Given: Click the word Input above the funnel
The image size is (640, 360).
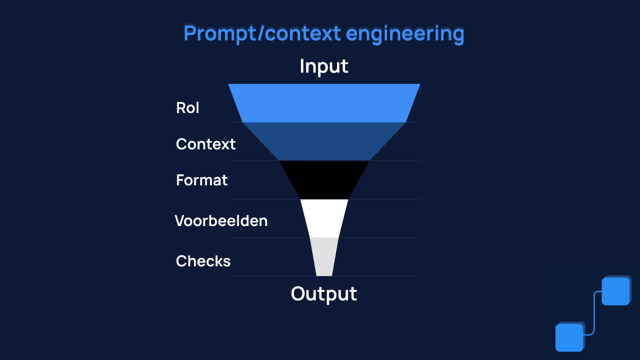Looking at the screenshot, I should [x=324, y=66].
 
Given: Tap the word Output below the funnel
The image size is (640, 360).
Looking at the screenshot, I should [x=324, y=294].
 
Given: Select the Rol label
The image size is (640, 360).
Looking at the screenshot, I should [x=187, y=108].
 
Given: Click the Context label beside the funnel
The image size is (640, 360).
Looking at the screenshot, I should [x=205, y=144].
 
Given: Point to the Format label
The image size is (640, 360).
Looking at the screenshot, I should [x=201, y=180].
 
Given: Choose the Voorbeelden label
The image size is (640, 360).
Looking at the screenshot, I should [x=221, y=220].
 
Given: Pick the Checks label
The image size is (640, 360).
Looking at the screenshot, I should [x=203, y=261].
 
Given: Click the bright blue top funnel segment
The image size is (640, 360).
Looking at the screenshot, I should [x=324, y=103].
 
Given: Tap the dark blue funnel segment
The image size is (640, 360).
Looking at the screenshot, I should [x=324, y=141].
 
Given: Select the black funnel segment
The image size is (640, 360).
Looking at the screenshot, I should [x=324, y=180].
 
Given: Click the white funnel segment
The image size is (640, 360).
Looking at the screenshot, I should [x=324, y=218].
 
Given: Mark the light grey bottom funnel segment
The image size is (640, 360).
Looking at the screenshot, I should [x=324, y=256].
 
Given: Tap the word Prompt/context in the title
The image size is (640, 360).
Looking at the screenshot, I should [x=262, y=34].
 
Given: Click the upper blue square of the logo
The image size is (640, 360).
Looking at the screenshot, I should [x=615, y=291].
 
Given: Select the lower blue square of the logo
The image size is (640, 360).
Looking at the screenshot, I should [x=569, y=337].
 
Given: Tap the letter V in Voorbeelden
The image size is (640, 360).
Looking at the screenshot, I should [x=180, y=220].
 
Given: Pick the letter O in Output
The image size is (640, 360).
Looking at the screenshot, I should [x=298, y=294].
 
